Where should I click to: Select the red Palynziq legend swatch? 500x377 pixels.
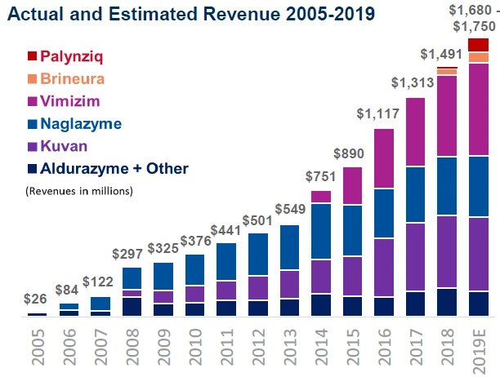[x=33, y=56]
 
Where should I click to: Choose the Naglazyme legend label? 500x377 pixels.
[x=87, y=124]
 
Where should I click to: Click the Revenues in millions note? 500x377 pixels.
[x=79, y=191]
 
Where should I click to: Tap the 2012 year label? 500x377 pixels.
[x=259, y=346]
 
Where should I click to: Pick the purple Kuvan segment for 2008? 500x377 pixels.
[x=132, y=293]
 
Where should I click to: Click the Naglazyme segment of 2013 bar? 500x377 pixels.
[x=288, y=247]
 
